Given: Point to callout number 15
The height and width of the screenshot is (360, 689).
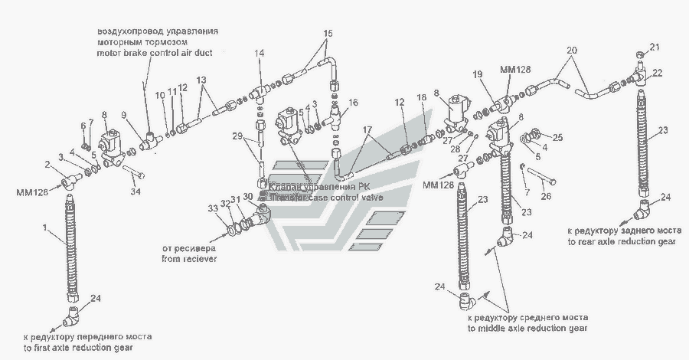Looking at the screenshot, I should coord(328,34).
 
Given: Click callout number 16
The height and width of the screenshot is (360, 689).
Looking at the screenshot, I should coord(353,102).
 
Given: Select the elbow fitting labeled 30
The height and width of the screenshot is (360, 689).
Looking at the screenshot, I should coord(261,214).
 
